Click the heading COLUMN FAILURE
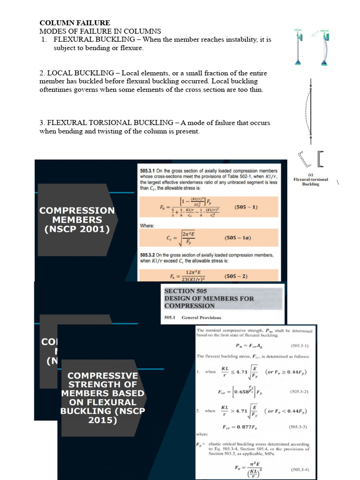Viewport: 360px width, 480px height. coord(75,22)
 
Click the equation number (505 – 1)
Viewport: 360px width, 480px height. coord(246,207)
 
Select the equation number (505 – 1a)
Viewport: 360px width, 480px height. coord(238,238)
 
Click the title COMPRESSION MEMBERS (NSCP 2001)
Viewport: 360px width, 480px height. coord(77,220)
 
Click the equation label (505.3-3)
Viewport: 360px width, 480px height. coord(299,427)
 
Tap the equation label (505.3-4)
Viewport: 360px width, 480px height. coord(300,470)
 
